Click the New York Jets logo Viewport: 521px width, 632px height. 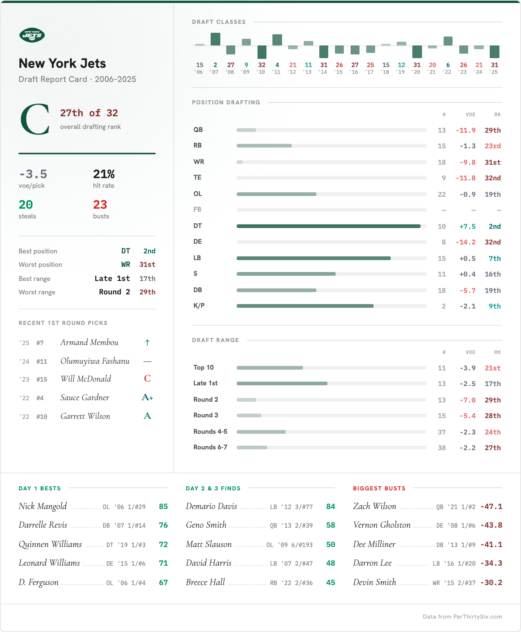click(32, 35)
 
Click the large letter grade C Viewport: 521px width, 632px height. click(35, 119)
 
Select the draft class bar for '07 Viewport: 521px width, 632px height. click(215, 39)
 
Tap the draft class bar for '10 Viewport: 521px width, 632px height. click(262, 52)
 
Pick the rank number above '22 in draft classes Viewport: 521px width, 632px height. click(448, 65)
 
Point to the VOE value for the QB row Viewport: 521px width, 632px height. click(466, 130)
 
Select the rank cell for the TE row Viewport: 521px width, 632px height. click(492, 178)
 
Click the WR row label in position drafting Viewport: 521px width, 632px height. click(199, 162)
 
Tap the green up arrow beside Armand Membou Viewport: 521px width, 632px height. click(147, 342)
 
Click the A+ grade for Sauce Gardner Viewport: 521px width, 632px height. click(147, 398)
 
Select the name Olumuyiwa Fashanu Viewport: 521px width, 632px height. click(95, 361)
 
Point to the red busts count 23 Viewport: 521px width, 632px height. click(100, 205)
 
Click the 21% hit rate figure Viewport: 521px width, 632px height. click(104, 174)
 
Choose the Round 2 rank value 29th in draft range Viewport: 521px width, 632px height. click(492, 400)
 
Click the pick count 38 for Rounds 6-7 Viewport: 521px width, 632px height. click(442, 448)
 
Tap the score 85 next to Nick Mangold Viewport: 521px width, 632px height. click(163, 507)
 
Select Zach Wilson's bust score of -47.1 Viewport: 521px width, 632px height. click(491, 507)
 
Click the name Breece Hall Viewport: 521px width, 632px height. click(205, 582)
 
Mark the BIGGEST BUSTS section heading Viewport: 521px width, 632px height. click(379, 489)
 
